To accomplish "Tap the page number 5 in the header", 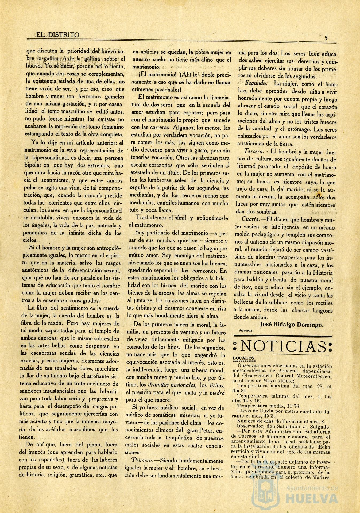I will (x=326, y=38).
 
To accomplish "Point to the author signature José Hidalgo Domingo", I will (x=291, y=325).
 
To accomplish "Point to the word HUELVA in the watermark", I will (x=312, y=498).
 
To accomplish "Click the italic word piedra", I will (x=218, y=393).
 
